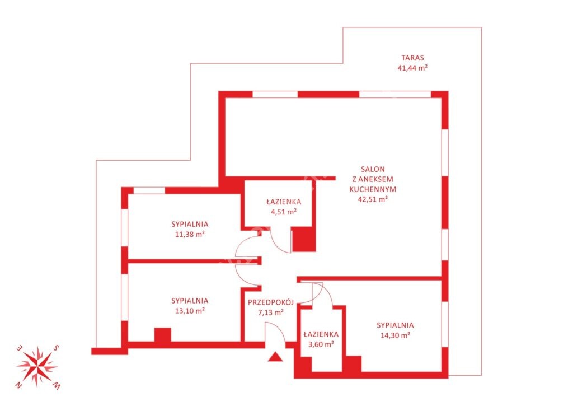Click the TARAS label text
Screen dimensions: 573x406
point(412,58)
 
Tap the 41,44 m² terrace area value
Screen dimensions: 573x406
point(412,68)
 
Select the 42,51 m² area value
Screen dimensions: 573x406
point(373,199)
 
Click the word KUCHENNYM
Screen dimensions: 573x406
point(373,189)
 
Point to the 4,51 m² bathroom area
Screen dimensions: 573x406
point(284,212)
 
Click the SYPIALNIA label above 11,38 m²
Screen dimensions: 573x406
point(190,224)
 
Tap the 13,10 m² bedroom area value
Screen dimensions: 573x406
point(190,311)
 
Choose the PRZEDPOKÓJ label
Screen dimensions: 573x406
point(271,302)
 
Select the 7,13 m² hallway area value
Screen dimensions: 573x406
point(271,312)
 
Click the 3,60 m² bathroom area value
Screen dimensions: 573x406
point(321,344)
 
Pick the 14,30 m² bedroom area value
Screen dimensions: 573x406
point(395,335)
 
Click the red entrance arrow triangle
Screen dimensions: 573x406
point(275,357)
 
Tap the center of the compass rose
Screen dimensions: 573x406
point(37,366)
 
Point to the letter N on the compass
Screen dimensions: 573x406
point(18,385)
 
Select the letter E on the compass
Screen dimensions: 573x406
point(19,348)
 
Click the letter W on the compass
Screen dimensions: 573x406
point(57,385)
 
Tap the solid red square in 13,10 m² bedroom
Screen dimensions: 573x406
point(163,335)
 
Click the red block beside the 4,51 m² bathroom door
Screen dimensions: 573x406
point(304,239)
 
